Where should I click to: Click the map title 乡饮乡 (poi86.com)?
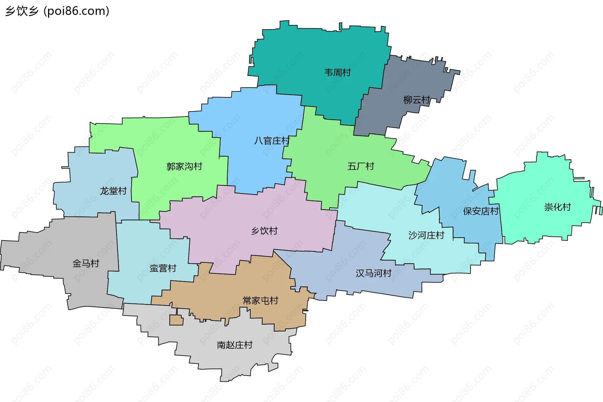pos(57,11)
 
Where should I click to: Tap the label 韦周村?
pos(337,73)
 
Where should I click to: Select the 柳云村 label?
pos(416,100)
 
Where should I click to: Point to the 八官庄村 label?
pos(272,141)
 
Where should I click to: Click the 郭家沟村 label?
pos(184,166)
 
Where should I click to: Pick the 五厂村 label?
pos(361,166)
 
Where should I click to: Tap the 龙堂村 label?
pos(113,191)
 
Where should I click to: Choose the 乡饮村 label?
pos(264,231)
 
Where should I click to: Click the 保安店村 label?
pos(481,211)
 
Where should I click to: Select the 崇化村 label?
pos(557,207)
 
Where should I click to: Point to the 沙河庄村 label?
pos(426,235)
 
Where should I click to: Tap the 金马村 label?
pos(86,263)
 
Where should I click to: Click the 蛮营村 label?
pos(163,268)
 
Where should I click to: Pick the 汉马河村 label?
pos(373,273)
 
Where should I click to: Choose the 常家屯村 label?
pos(260,301)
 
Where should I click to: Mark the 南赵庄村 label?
pos(235,345)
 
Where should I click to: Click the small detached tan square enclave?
pos(176,320)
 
